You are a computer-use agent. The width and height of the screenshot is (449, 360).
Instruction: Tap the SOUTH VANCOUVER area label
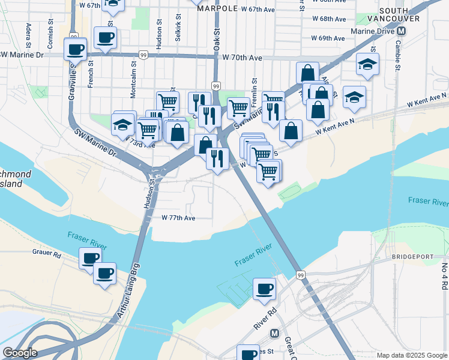click(402, 15)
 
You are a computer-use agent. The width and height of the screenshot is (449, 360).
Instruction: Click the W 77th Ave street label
click(178, 218)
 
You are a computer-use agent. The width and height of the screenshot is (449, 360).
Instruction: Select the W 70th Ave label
click(243, 58)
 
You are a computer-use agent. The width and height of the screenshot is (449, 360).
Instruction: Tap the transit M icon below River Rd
click(275, 333)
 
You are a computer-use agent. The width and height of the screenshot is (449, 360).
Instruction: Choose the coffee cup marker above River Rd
click(264, 289)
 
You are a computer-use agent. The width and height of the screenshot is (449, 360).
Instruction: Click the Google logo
click(20, 353)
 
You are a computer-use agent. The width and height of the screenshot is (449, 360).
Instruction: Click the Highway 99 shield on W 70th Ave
click(143, 55)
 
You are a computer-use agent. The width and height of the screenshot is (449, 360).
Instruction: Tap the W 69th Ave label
click(328, 38)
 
